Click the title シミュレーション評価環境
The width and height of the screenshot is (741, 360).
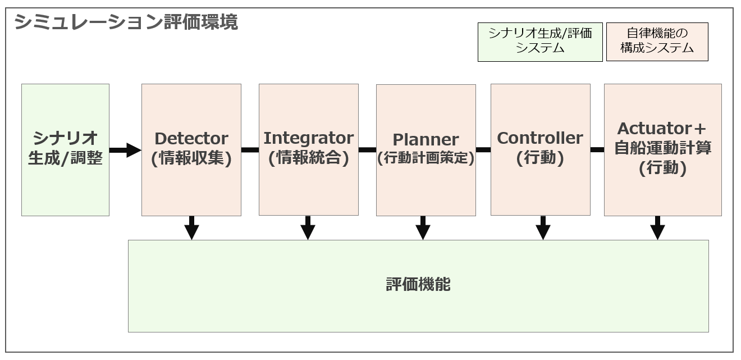click(126, 22)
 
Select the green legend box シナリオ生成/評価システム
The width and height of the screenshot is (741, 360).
click(540, 42)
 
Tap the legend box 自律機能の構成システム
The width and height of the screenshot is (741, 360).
click(657, 42)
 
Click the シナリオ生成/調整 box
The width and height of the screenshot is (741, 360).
click(66, 150)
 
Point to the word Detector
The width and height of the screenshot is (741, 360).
click(191, 139)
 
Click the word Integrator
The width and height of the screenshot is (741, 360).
click(308, 139)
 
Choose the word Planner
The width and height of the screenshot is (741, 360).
click(426, 140)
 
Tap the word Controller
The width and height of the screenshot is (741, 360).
click(540, 138)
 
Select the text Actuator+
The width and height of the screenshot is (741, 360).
click(662, 129)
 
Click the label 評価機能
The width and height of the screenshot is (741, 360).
click(418, 284)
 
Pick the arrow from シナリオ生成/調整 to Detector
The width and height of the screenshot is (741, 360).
click(125, 150)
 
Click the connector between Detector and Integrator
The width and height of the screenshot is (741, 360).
click(250, 150)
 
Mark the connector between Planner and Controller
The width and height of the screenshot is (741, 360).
click(483, 150)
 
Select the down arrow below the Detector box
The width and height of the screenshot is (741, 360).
click(191, 228)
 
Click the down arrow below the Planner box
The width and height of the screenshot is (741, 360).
click(423, 228)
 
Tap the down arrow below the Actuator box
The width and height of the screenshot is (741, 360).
click(657, 228)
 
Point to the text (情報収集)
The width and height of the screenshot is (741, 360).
click(191, 158)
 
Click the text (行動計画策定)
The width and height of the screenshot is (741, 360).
click(426, 158)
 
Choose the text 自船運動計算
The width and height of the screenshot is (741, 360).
click(662, 148)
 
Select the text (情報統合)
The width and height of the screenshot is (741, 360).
click(308, 158)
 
